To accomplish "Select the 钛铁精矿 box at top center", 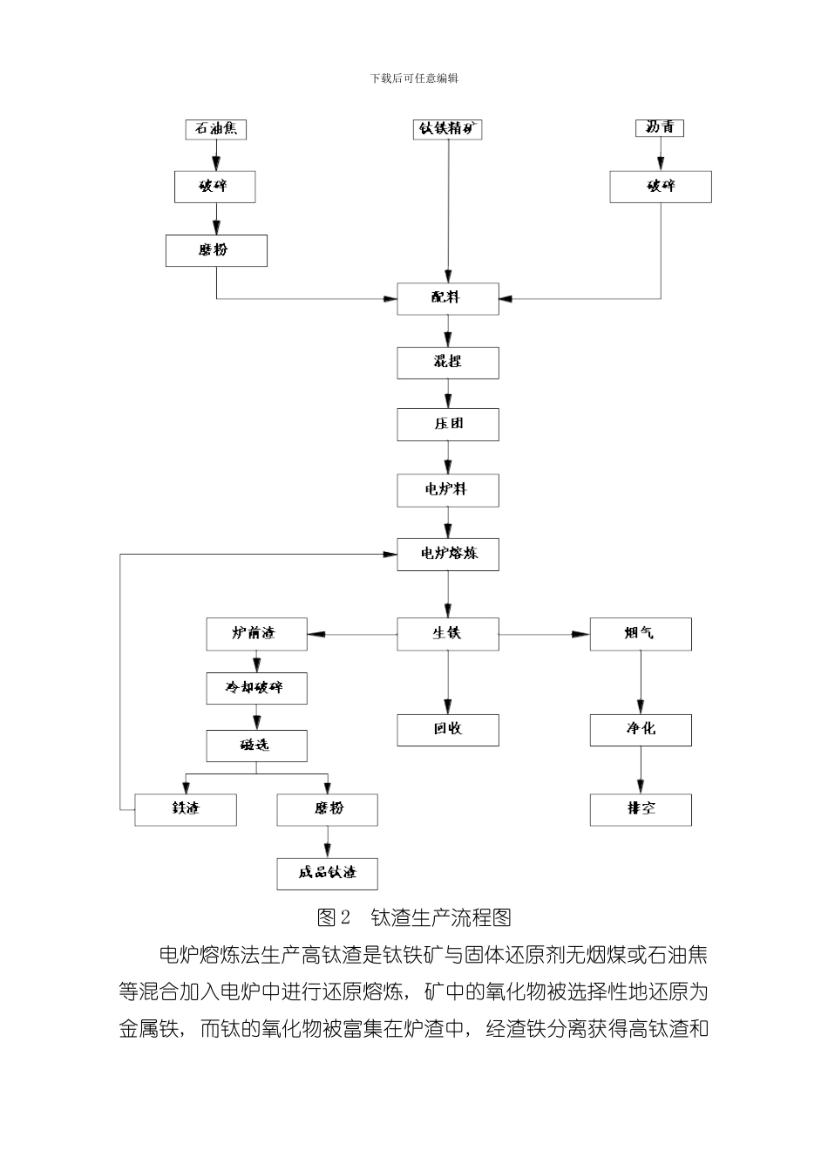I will [448, 129].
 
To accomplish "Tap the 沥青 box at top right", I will [660, 128].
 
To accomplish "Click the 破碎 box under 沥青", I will [661, 187].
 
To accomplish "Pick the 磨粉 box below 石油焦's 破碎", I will [216, 250].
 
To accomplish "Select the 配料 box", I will [448, 298].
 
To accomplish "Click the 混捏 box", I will [448, 362].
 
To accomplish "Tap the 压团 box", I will [448, 425].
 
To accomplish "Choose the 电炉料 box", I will [448, 490].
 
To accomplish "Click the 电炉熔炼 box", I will [448, 555].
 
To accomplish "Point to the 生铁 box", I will [448, 634].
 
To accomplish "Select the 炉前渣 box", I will [256, 634].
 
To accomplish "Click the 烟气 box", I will [641, 634].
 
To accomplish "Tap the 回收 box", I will [448, 730].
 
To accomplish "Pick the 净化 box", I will [641, 730].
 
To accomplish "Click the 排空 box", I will [641, 809].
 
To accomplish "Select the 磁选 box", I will [256, 746].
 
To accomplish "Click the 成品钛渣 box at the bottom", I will [328, 873].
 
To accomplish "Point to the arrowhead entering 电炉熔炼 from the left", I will [391, 554].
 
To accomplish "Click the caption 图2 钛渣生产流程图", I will [415, 917].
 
